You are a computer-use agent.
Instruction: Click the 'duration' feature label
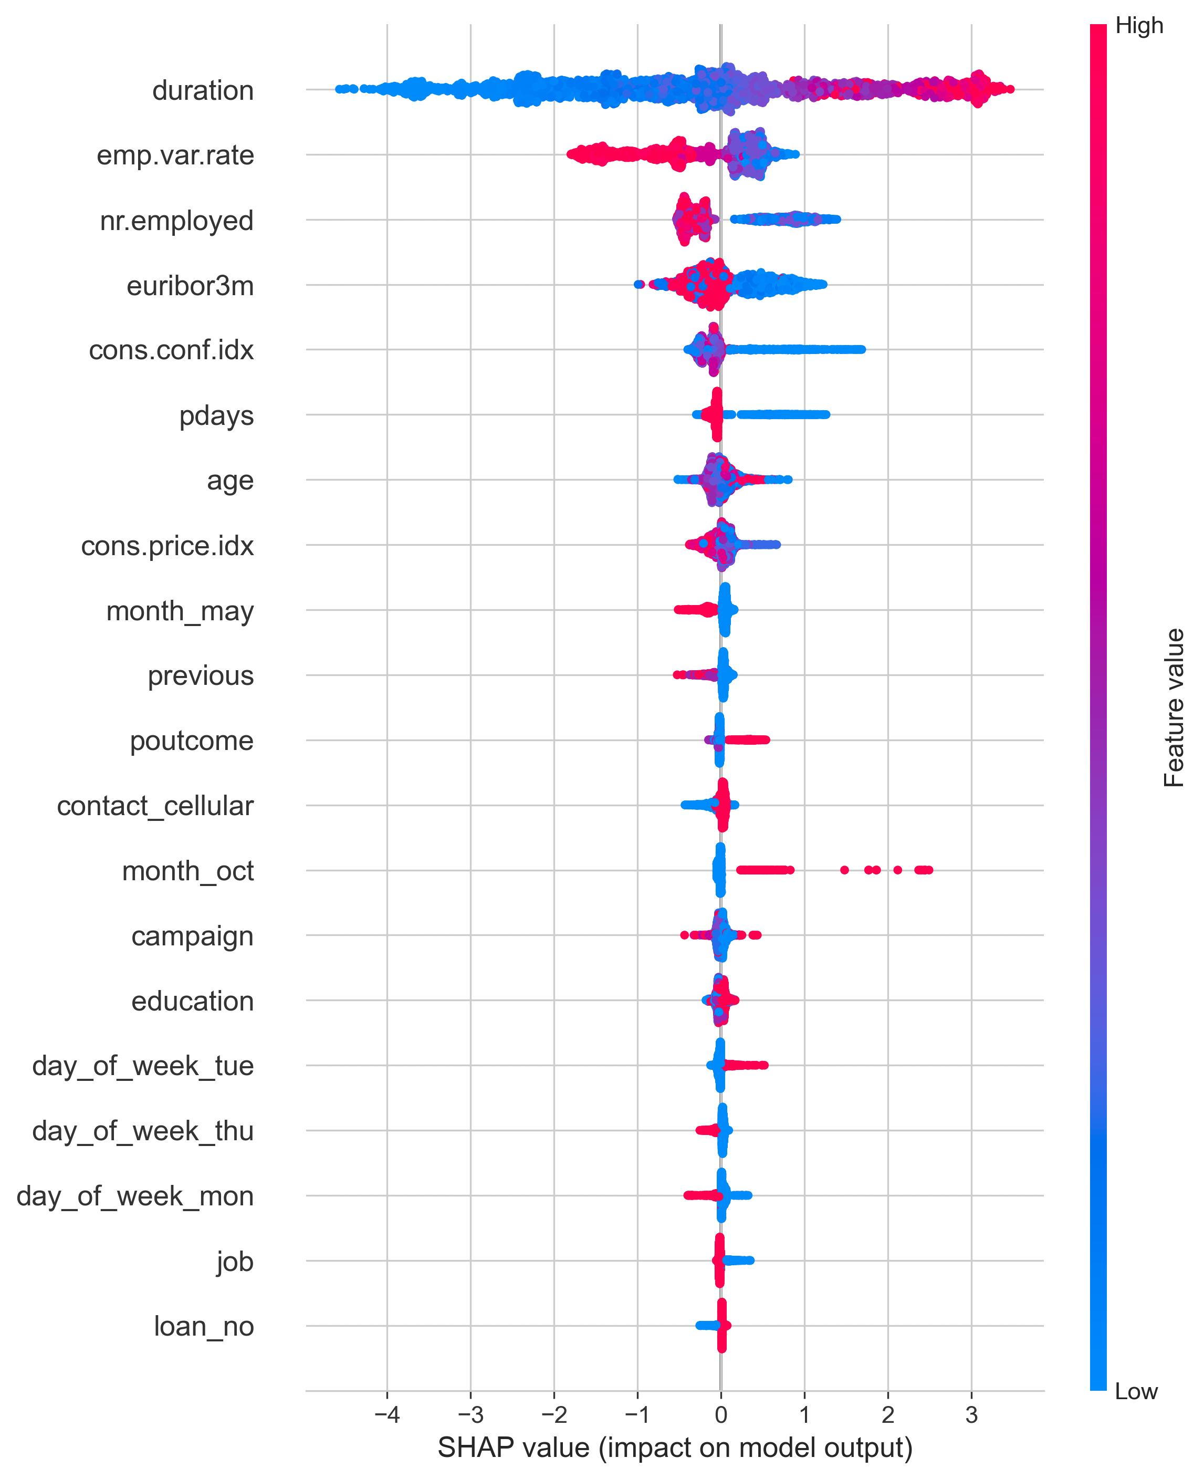coord(203,91)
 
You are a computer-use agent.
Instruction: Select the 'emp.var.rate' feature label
coord(175,155)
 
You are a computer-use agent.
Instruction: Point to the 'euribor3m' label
coord(190,286)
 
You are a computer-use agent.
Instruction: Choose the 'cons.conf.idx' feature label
coord(171,350)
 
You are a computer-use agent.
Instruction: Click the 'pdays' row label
coord(216,415)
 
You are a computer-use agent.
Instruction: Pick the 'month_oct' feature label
coord(187,871)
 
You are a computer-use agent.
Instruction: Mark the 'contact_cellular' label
coord(155,806)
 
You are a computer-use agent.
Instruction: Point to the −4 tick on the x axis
coord(386,1414)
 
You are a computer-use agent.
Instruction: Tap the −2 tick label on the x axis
coord(553,1414)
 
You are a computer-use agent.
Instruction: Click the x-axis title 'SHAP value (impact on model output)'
coord(674,1449)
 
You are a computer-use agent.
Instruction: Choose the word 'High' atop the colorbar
coord(1139,26)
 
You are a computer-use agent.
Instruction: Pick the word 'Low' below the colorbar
coord(1136,1392)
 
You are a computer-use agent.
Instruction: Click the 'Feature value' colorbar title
coord(1174,707)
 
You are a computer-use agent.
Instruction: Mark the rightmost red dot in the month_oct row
coord(929,870)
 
